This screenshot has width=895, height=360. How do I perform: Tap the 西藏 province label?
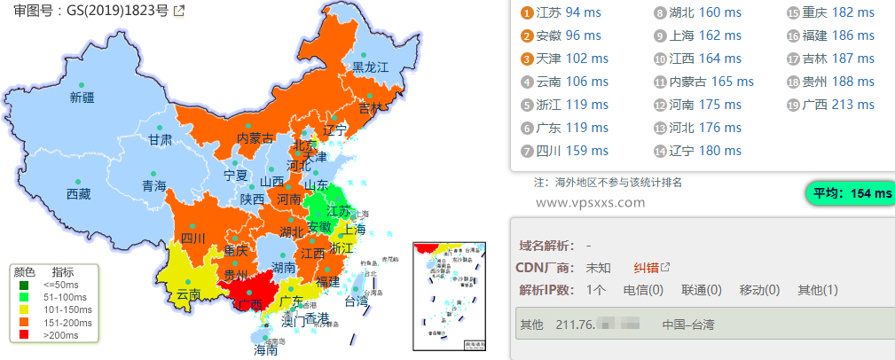[78, 194]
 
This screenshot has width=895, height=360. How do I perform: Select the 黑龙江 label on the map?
[371, 67]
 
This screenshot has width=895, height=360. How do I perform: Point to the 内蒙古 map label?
[255, 138]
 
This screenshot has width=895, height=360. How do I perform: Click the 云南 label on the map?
[188, 293]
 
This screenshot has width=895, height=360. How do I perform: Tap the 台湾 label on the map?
[355, 301]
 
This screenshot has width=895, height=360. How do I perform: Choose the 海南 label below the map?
[266, 350]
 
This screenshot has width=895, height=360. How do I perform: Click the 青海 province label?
[153, 186]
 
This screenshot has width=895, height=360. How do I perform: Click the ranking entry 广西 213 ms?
[830, 105]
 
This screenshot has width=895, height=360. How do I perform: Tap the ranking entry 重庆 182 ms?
[830, 12]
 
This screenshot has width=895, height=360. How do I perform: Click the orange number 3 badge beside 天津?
[527, 59]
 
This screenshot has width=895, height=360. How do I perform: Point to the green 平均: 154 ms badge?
[850, 192]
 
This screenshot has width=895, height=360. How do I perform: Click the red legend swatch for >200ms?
[24, 335]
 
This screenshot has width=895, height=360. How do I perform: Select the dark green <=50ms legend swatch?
[24, 286]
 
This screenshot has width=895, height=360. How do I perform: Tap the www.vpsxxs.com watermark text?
[591, 202]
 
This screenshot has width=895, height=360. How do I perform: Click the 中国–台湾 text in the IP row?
[687, 325]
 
